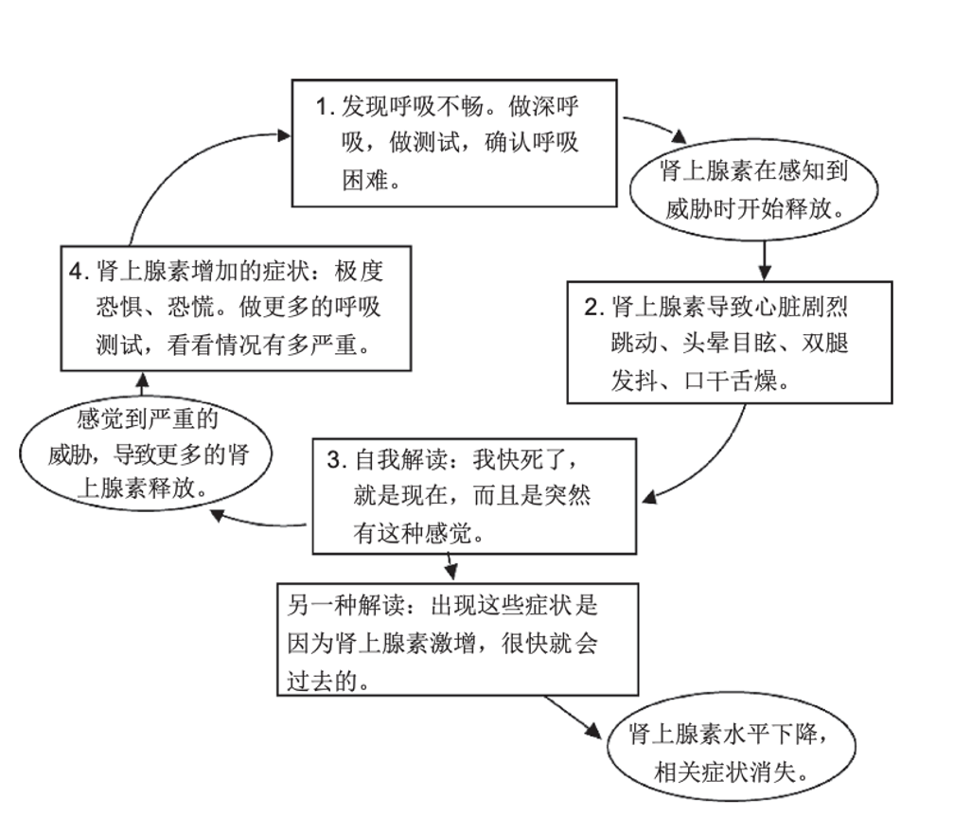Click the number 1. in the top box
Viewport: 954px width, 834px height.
[326, 107]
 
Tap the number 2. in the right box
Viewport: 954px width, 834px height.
[593, 308]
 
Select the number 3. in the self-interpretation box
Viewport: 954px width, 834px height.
[337, 460]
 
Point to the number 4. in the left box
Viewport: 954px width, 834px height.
[79, 272]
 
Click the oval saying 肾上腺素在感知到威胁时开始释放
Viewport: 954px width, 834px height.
[753, 189]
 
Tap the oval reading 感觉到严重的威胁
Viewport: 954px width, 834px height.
[146, 453]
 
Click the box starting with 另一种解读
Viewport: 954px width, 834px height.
[457, 639]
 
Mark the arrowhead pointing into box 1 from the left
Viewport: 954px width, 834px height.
[284, 135]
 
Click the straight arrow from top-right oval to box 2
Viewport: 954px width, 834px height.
[765, 260]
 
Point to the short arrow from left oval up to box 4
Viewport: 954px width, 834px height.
[142, 384]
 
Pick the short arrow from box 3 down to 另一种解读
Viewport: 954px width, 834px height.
[450, 567]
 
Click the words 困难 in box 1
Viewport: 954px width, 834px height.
[365, 180]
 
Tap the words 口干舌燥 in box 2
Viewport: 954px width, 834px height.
[731, 382]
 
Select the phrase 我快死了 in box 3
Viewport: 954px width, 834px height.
[521, 460]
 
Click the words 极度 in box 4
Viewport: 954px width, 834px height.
[359, 272]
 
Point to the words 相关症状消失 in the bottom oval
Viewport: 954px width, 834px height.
[725, 772]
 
